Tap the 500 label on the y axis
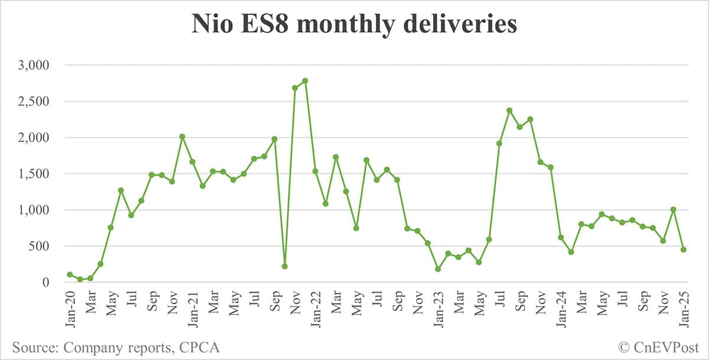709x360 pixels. click(x=41, y=246)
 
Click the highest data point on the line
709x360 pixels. click(x=305, y=80)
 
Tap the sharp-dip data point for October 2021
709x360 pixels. click(x=284, y=267)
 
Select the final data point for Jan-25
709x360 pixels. click(x=683, y=249)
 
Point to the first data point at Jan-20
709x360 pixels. click(x=70, y=274)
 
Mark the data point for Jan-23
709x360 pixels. click(x=438, y=269)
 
